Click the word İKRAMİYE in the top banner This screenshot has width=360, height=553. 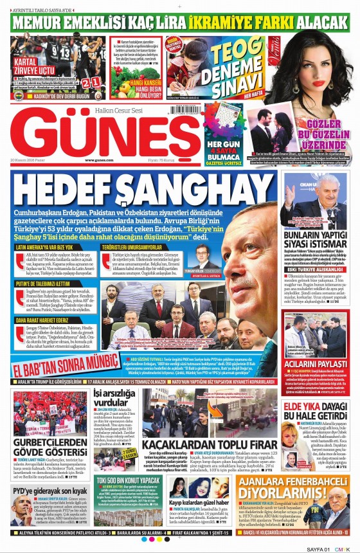point(237,21)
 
